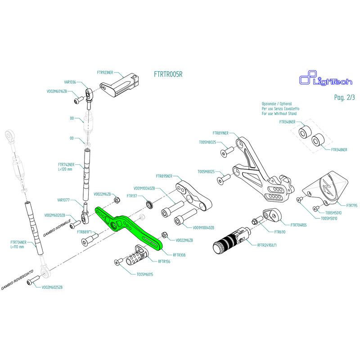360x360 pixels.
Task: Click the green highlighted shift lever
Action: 130,227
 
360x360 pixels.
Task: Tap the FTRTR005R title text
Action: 168,74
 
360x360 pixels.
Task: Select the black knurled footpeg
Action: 229,242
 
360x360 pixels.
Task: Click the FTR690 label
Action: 280,232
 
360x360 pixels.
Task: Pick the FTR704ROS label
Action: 298,225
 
